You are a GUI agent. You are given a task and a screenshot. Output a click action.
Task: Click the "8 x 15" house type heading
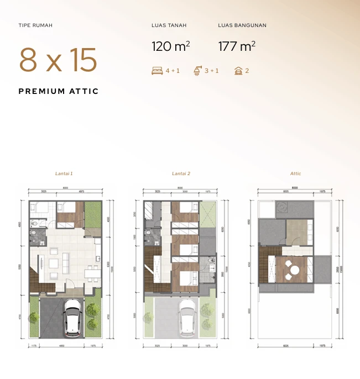point(58,60)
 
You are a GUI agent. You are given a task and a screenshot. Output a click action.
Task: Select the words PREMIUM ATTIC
point(59,91)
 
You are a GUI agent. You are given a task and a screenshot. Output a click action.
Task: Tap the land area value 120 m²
point(171,46)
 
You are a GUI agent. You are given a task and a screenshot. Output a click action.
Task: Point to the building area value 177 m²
point(237,46)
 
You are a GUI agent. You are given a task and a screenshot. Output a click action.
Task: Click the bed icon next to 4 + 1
point(157,71)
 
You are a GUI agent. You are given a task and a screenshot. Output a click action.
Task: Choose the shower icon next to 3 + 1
point(197,71)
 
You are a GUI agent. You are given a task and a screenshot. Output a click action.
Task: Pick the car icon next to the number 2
point(238,71)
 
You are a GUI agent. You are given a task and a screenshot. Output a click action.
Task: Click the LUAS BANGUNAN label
point(242,25)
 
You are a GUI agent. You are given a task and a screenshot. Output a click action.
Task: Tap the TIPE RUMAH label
point(35,25)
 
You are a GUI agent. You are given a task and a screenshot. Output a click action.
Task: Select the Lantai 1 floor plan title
point(64,173)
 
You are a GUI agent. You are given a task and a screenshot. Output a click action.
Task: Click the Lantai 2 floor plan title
point(181,173)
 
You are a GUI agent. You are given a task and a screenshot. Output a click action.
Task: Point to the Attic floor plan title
point(296,173)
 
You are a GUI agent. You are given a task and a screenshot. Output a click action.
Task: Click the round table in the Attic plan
point(295,270)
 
